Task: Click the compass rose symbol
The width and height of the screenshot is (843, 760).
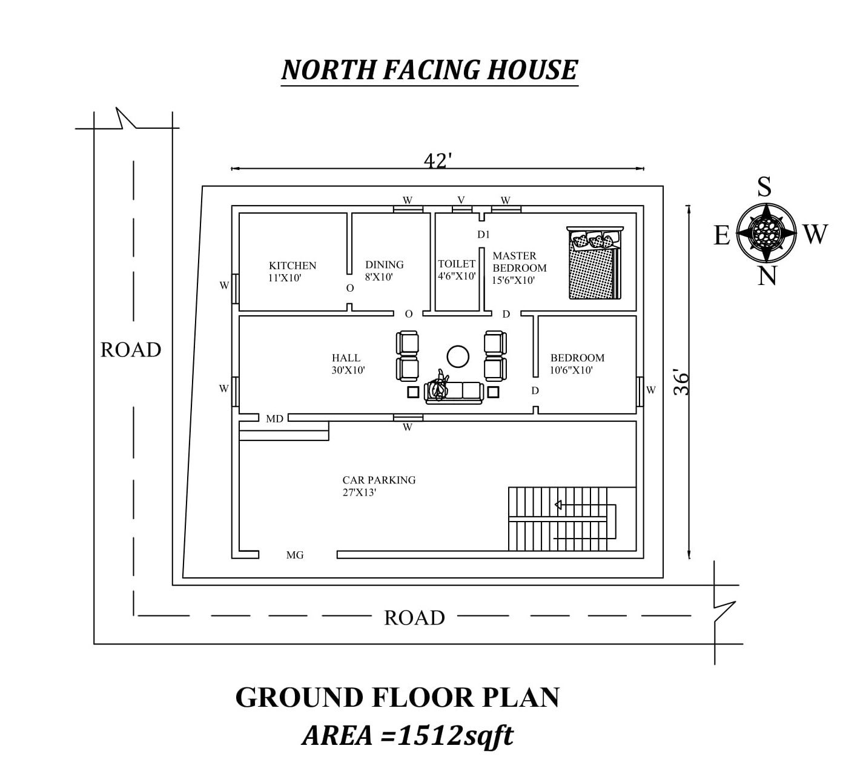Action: pos(766,232)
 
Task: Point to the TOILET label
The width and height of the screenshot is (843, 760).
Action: pos(457,264)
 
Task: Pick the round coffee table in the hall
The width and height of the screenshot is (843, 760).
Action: pos(458,356)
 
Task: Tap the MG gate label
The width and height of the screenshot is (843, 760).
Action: pos(295,555)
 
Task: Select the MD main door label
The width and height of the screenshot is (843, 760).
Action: pos(274,419)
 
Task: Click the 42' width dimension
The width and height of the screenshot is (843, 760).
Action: pos(438,161)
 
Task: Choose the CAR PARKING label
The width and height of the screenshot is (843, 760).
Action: pos(379,480)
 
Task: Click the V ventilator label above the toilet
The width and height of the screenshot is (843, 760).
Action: pos(461,200)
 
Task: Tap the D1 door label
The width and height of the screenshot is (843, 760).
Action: pos(483,235)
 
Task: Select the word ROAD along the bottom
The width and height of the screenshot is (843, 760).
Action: pos(415,618)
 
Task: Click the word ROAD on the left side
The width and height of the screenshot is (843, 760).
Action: pos(131,350)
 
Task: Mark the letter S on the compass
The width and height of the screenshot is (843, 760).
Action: pos(765,187)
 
